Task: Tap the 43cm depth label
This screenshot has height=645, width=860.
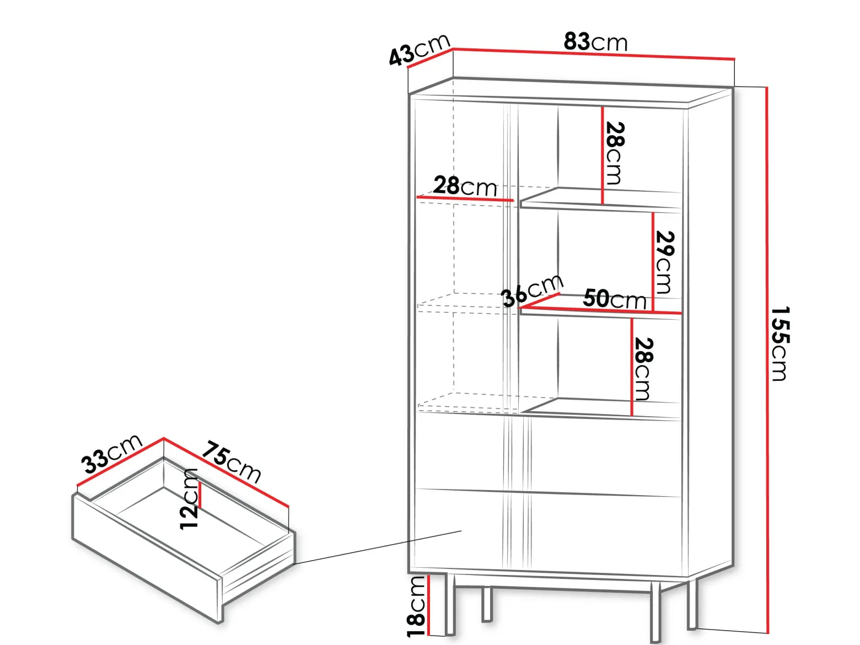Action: [419, 50]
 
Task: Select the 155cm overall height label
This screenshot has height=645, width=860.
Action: [780, 343]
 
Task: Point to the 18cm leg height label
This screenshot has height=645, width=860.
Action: [416, 606]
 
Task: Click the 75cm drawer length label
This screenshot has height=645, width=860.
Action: [231, 462]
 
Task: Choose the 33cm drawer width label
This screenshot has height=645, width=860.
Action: [112, 454]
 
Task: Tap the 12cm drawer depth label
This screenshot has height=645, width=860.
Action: [189, 499]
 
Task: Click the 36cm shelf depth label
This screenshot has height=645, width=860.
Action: [532, 290]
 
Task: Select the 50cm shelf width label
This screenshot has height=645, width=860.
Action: [614, 299]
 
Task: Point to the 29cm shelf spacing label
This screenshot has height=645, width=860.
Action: [664, 262]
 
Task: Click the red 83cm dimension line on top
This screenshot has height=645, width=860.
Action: [594, 54]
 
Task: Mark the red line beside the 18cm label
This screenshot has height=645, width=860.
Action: [429, 606]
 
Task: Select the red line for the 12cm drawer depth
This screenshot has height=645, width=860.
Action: [200, 495]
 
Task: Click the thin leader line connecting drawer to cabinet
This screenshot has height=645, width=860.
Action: [378, 547]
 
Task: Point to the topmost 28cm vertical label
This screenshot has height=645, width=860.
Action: [614, 153]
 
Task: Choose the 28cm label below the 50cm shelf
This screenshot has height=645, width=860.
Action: [643, 368]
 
